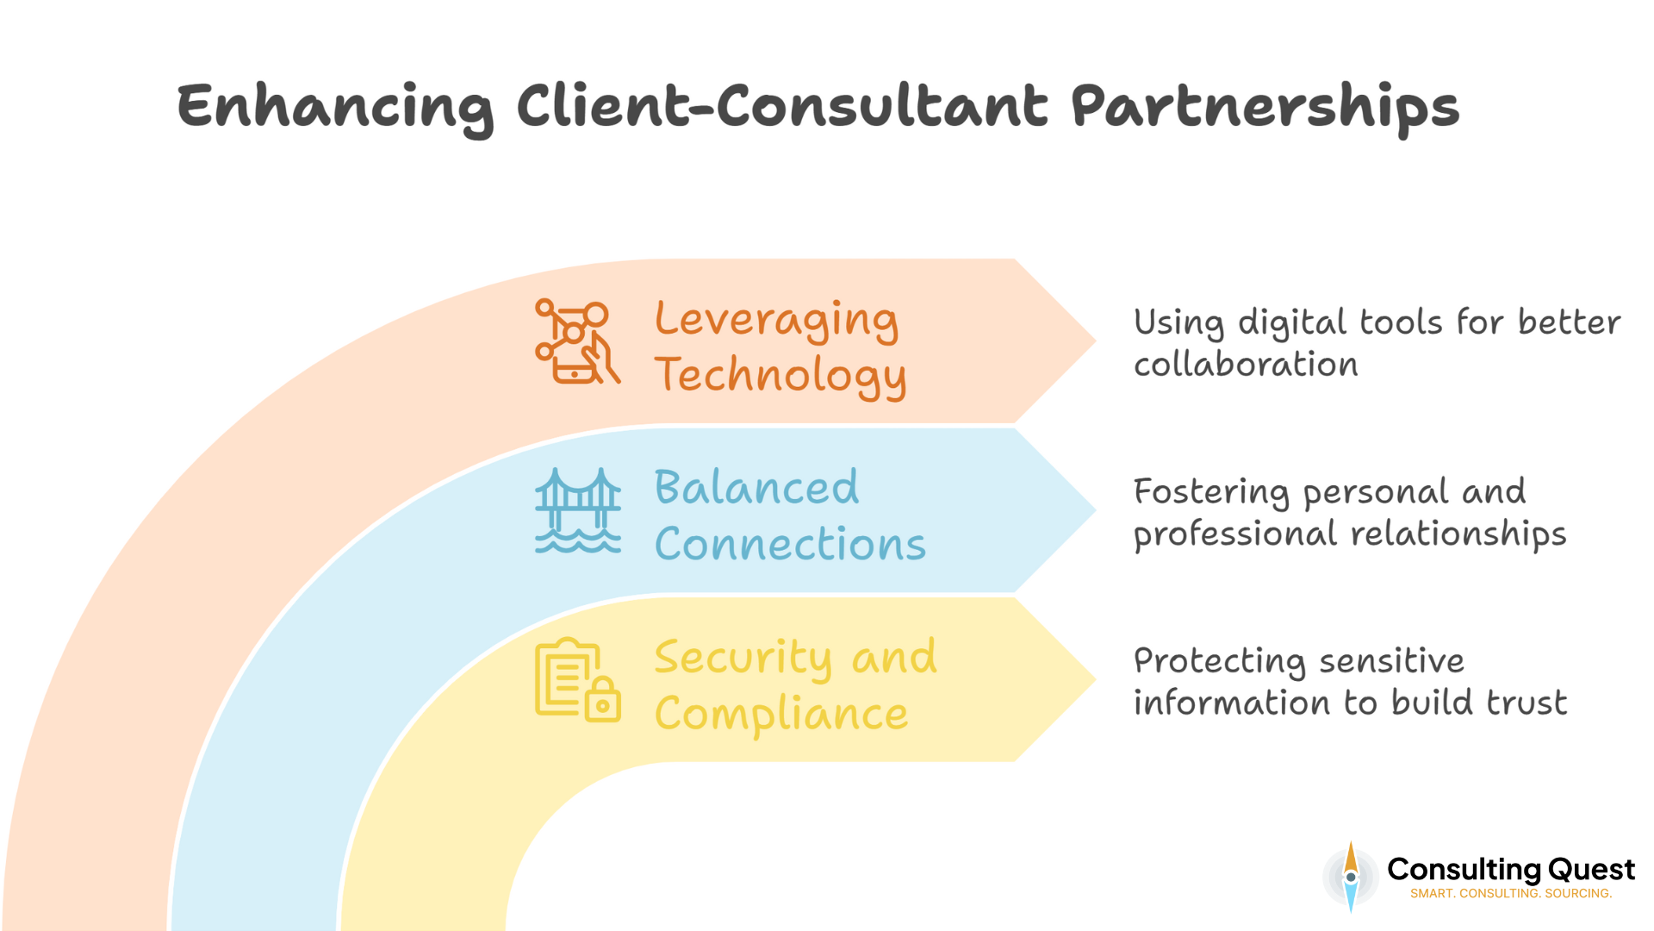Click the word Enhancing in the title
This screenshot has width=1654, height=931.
point(334,108)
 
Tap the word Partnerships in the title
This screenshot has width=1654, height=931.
point(1265,108)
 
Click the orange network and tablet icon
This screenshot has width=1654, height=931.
point(576,341)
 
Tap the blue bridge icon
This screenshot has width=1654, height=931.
point(577,510)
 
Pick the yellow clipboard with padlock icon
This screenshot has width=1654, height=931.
point(577,680)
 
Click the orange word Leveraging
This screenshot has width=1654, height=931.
point(776,321)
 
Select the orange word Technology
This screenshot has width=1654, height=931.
point(780,376)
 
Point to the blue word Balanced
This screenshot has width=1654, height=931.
point(756,488)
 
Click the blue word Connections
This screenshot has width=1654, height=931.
point(790,545)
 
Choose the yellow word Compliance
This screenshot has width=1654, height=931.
point(780,715)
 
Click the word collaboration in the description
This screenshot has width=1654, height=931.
point(1246,365)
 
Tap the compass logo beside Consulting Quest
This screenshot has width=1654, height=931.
point(1350,877)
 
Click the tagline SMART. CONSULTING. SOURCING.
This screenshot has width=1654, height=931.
point(1510,894)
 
